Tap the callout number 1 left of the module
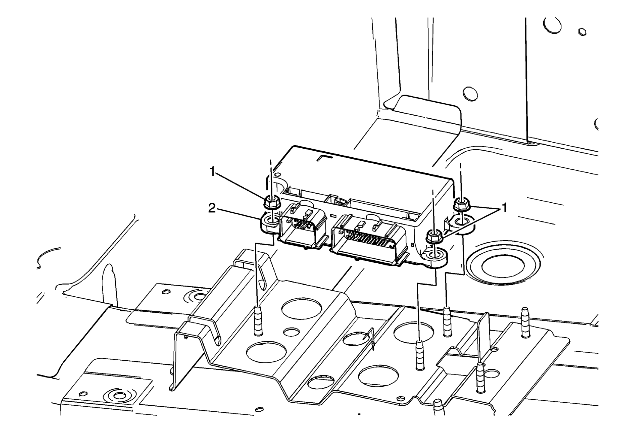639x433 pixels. point(212,172)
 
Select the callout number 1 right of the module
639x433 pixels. point(504,207)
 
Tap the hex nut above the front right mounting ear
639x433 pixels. point(433,235)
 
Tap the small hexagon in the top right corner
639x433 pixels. point(582,32)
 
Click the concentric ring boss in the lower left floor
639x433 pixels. point(119,396)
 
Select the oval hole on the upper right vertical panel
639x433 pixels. point(470,94)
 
